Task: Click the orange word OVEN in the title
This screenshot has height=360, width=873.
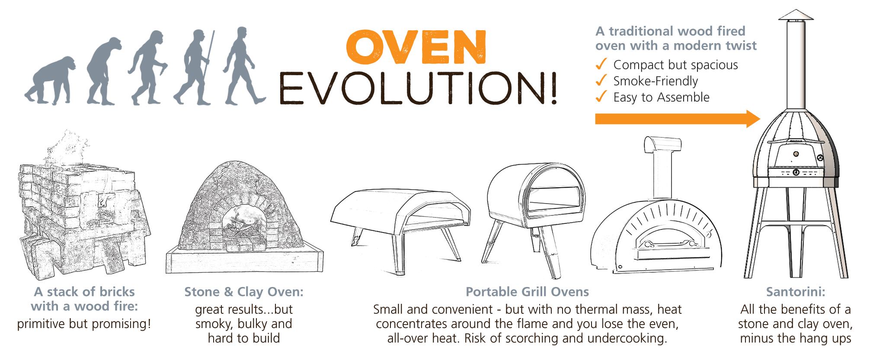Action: click(416, 47)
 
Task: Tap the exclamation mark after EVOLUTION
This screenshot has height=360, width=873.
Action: click(553, 88)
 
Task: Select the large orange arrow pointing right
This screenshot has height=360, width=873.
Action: click(678, 119)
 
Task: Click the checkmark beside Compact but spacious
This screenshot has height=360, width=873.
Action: click(601, 64)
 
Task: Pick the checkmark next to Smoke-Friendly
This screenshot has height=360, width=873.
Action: click(601, 80)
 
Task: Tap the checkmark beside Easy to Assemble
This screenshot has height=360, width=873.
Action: click(601, 96)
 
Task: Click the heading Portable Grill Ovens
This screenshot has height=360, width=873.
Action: click(527, 292)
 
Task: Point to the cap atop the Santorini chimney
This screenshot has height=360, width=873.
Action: click(796, 15)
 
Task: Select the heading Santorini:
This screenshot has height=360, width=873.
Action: click(796, 292)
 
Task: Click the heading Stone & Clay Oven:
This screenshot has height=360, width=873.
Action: click(244, 292)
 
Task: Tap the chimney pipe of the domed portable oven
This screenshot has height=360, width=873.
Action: click(662, 166)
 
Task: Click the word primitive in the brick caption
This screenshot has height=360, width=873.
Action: click(41, 324)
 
